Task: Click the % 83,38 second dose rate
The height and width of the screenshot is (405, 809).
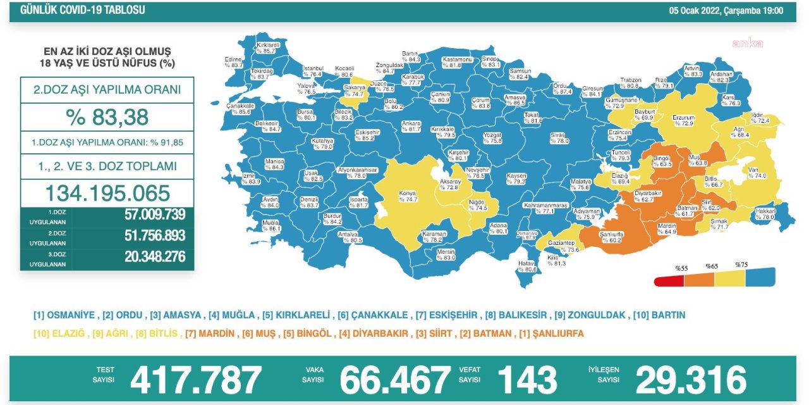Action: pos(107,116)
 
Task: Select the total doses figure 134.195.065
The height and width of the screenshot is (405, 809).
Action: pos(107,193)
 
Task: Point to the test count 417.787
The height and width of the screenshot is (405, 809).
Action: pos(196,380)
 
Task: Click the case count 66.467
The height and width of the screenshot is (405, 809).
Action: pos(395,380)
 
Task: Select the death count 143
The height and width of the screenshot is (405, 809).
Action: pos(527,380)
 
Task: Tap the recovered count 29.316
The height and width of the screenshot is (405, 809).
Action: pos(691,380)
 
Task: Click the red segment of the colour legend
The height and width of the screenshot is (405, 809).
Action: pos(669,279)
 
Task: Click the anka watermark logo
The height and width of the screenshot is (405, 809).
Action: pos(747,43)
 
